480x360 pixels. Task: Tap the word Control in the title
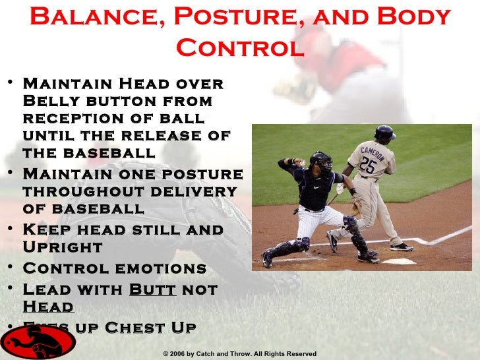240,47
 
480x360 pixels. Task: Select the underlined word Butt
152,289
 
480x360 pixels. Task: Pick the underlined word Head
48,307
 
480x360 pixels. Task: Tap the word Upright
63,248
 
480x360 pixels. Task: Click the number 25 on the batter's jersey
369,165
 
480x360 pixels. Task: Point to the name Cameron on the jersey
373,152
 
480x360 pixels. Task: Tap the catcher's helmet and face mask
321,162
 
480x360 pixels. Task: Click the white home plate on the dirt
399,262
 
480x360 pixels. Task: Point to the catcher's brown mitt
356,208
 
